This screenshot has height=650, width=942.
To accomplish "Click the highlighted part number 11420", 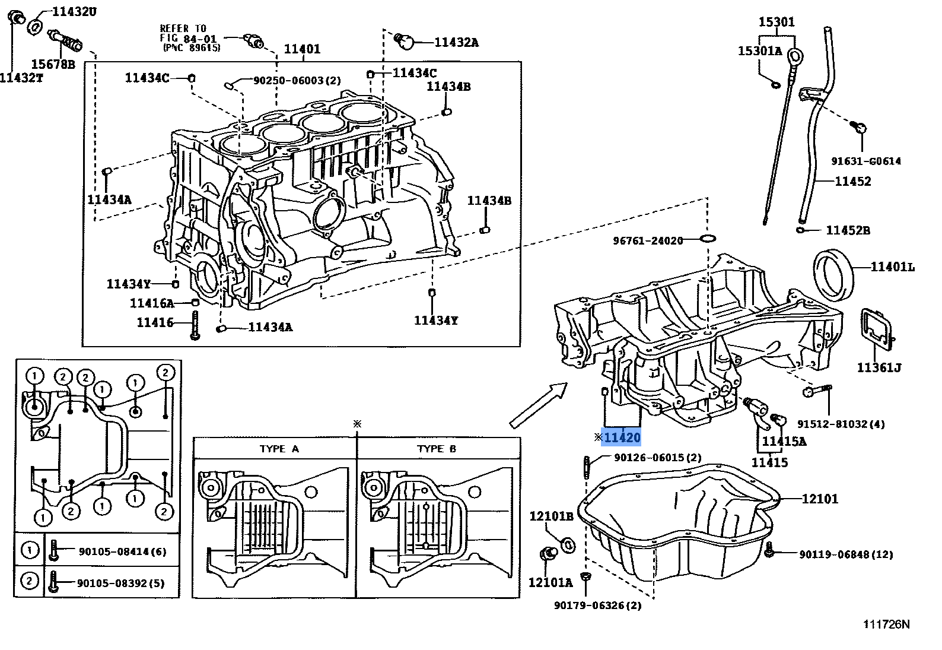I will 622,437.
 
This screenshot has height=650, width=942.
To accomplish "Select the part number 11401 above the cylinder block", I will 302,49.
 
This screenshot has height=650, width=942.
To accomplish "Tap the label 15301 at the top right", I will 776,22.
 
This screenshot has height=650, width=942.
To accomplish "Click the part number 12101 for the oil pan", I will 820,499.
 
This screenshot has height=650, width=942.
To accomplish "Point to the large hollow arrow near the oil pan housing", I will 539,405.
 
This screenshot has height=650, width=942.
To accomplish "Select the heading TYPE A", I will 279,449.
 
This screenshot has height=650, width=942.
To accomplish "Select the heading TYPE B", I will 437,449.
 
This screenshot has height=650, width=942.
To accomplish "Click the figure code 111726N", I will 886,624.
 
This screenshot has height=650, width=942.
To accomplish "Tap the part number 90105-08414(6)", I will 122,551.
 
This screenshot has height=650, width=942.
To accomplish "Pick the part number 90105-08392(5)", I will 121,583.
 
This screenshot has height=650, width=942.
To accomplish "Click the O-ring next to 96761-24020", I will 708,239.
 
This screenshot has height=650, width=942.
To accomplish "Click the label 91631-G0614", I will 865,161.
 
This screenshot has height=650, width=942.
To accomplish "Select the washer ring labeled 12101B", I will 568,544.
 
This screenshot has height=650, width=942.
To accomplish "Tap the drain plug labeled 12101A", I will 548,556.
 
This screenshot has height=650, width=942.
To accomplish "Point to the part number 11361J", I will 879,368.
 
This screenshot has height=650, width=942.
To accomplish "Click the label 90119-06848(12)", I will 846,554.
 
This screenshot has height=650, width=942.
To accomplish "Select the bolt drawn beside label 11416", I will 195,325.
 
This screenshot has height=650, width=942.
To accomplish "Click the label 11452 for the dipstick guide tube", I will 852,181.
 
